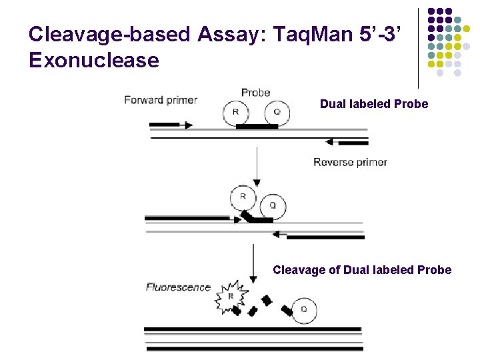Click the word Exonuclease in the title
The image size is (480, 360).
[94, 60]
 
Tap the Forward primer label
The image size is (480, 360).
[161, 100]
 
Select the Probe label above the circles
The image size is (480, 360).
[255, 93]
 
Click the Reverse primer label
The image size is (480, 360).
[350, 162]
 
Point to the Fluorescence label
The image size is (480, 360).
[178, 287]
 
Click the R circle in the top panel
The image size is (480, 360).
[235, 113]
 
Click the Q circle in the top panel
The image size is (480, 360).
[277, 113]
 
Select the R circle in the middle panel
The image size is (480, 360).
[243, 197]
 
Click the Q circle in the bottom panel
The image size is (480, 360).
[304, 309]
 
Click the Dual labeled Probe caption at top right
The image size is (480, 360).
[373, 104]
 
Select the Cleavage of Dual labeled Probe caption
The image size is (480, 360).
[362, 270]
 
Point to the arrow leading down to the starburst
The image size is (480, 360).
[253, 263]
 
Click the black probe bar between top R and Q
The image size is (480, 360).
[257, 126]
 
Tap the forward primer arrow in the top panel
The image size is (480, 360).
[171, 125]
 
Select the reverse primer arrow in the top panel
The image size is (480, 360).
[347, 142]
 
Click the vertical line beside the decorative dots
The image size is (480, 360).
[419, 47]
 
